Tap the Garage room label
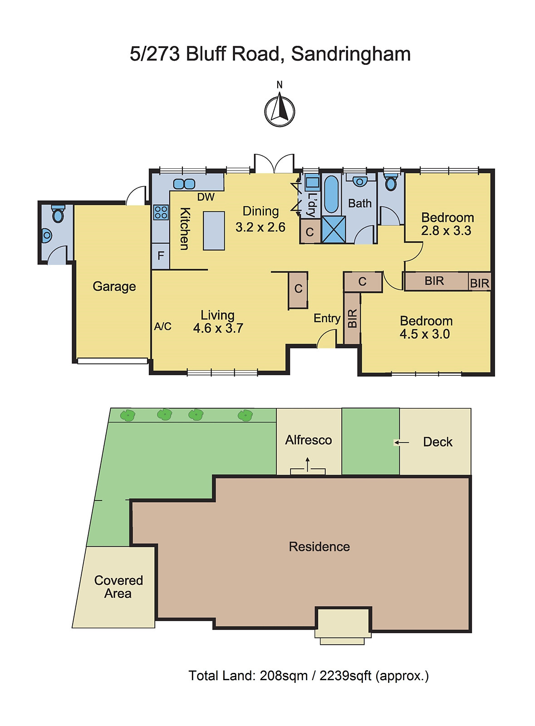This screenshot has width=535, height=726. (x=114, y=287)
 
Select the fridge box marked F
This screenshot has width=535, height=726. (x=161, y=256)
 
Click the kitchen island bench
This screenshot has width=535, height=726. (x=214, y=231)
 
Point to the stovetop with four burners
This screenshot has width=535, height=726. (x=161, y=212)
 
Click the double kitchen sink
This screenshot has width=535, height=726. (x=184, y=184)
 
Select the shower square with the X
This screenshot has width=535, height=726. (x=334, y=230)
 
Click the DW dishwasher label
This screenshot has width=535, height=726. (x=206, y=197)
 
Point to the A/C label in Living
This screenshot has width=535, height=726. (x=162, y=326)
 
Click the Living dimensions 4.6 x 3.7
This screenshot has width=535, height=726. (x=218, y=329)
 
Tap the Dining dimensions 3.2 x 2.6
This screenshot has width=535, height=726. (x=260, y=227)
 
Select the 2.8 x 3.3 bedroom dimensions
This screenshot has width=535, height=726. (x=446, y=231)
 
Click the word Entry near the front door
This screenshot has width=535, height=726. (x=327, y=318)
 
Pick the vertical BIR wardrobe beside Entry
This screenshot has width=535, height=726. (x=352, y=318)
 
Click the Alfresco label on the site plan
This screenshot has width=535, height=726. (x=309, y=440)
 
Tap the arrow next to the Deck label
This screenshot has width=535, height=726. (x=402, y=442)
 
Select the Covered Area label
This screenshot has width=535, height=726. (x=118, y=587)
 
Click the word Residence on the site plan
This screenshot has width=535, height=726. (x=319, y=547)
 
